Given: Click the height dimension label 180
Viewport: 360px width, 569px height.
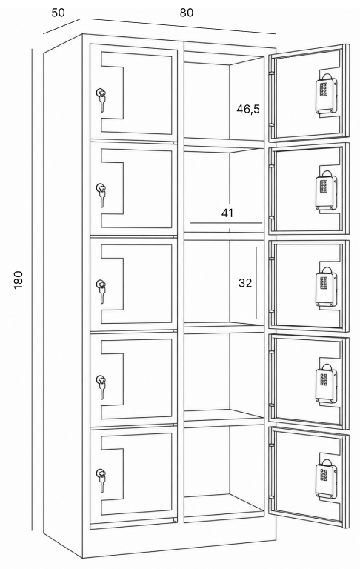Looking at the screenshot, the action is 18,280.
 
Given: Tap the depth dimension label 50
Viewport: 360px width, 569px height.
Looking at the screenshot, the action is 58,13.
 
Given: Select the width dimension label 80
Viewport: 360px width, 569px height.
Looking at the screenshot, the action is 187,13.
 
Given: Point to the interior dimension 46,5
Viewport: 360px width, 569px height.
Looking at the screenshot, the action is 248,108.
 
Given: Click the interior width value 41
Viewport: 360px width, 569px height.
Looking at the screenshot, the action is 227,213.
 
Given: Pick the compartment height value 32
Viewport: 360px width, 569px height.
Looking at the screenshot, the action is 245,283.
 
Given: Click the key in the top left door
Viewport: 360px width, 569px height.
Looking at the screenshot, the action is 102,100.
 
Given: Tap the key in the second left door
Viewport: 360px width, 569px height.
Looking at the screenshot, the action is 101,195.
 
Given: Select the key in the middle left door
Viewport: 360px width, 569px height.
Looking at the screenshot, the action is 101,290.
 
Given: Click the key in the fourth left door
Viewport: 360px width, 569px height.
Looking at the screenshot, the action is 101,387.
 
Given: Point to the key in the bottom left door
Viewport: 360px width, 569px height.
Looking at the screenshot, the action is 101,480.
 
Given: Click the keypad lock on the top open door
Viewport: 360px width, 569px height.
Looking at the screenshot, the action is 326,94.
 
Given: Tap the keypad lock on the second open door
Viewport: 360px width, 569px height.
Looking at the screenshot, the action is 326,190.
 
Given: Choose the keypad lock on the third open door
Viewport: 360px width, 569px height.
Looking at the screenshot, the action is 326,287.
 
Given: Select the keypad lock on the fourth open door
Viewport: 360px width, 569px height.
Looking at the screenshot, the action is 326,383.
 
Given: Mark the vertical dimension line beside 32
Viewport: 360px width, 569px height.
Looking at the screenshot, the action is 256,283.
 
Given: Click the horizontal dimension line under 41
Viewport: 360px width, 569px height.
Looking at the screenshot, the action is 226,222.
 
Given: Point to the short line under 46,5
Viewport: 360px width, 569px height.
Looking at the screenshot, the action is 248,119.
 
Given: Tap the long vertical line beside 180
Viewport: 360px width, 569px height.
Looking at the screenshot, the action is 32,289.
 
